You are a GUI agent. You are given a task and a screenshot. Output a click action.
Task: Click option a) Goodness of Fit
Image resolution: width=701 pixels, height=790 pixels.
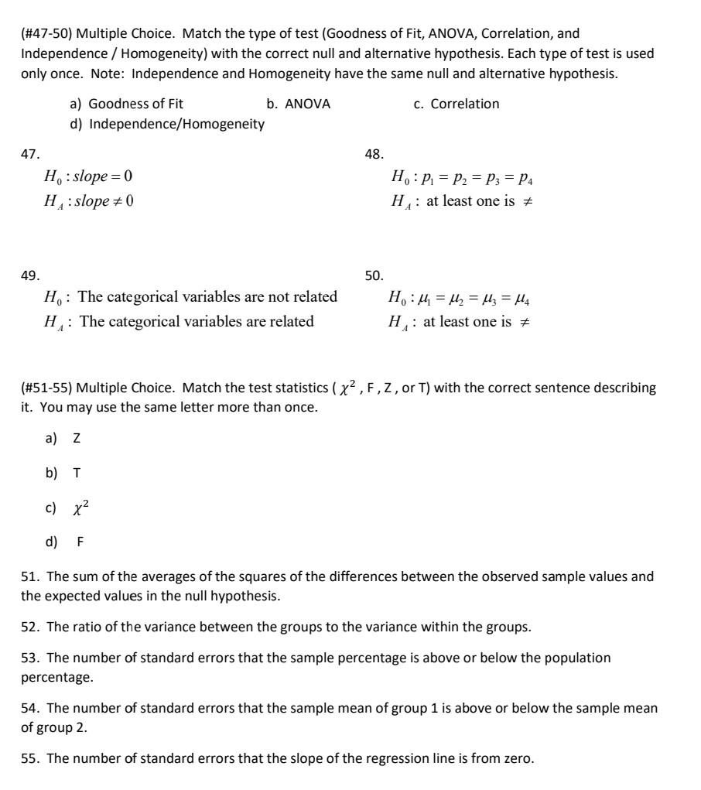tap(127, 104)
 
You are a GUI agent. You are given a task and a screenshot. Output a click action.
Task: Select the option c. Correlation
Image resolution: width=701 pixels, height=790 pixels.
tap(457, 104)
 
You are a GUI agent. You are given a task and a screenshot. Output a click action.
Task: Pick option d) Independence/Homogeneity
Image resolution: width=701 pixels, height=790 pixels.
tap(167, 124)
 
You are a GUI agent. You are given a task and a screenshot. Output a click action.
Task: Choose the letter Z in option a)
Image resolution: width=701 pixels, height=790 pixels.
tap(77, 439)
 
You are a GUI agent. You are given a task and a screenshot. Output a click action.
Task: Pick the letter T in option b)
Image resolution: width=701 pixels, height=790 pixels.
tap(77, 474)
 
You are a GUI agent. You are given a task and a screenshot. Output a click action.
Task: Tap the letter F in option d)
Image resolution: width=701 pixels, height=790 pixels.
tap(80, 542)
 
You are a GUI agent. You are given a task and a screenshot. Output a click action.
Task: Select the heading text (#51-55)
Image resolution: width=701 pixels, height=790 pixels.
tap(47, 388)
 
